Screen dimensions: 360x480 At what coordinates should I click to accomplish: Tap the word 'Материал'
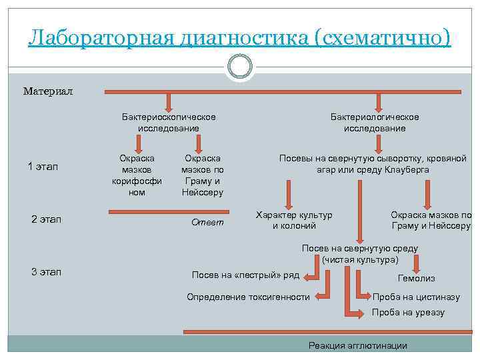48,91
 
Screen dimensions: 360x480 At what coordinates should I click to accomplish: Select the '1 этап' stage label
43,167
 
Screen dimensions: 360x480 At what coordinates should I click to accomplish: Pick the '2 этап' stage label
46,219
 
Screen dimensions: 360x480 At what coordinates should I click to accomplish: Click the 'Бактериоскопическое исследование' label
169,122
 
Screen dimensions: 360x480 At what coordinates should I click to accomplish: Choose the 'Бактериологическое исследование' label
375,122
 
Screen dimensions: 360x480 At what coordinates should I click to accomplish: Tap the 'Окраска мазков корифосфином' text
137,175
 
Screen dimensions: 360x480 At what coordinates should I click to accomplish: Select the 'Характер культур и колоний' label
294,220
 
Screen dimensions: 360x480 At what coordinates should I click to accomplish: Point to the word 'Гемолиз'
416,278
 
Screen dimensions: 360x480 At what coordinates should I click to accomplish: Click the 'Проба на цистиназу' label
416,297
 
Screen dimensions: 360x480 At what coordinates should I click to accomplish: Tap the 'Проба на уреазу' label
408,312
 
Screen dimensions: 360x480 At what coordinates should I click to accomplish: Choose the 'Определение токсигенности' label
248,297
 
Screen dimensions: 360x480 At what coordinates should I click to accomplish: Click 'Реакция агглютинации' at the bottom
358,345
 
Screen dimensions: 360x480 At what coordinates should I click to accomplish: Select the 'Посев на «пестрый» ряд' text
245,275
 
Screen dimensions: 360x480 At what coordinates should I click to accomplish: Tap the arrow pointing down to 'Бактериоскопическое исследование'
169,101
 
